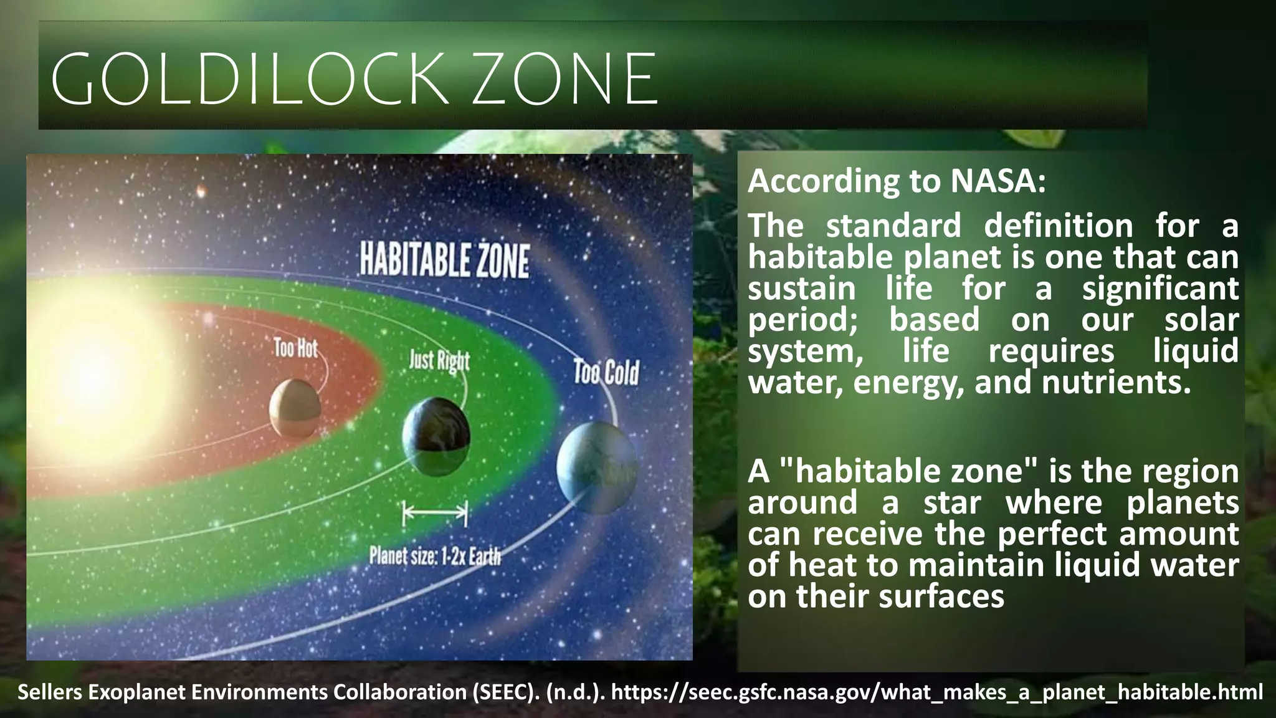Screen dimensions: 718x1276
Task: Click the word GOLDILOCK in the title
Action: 249,80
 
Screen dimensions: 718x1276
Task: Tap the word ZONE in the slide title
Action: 564,80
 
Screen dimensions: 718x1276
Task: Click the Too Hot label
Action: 295,348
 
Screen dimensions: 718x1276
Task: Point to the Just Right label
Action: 439,361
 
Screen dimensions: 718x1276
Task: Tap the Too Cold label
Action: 606,373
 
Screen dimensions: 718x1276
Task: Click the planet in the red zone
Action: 295,409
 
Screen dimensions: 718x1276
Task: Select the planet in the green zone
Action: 436,436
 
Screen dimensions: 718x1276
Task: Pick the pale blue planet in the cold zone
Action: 596,468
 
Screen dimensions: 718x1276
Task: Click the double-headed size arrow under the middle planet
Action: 435,514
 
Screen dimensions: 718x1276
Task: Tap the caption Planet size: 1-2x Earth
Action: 435,555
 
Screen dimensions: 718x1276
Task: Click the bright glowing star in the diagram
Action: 93,374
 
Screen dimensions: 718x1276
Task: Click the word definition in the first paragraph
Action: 1058,226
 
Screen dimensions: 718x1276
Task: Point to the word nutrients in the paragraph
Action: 1116,382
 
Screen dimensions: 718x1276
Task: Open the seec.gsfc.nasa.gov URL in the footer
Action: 937,692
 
